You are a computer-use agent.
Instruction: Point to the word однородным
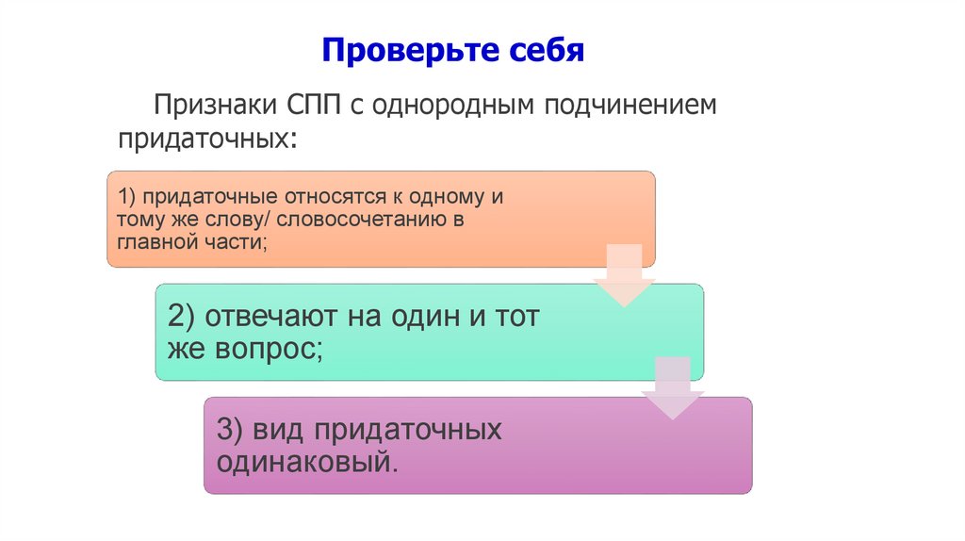pos(452,105)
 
